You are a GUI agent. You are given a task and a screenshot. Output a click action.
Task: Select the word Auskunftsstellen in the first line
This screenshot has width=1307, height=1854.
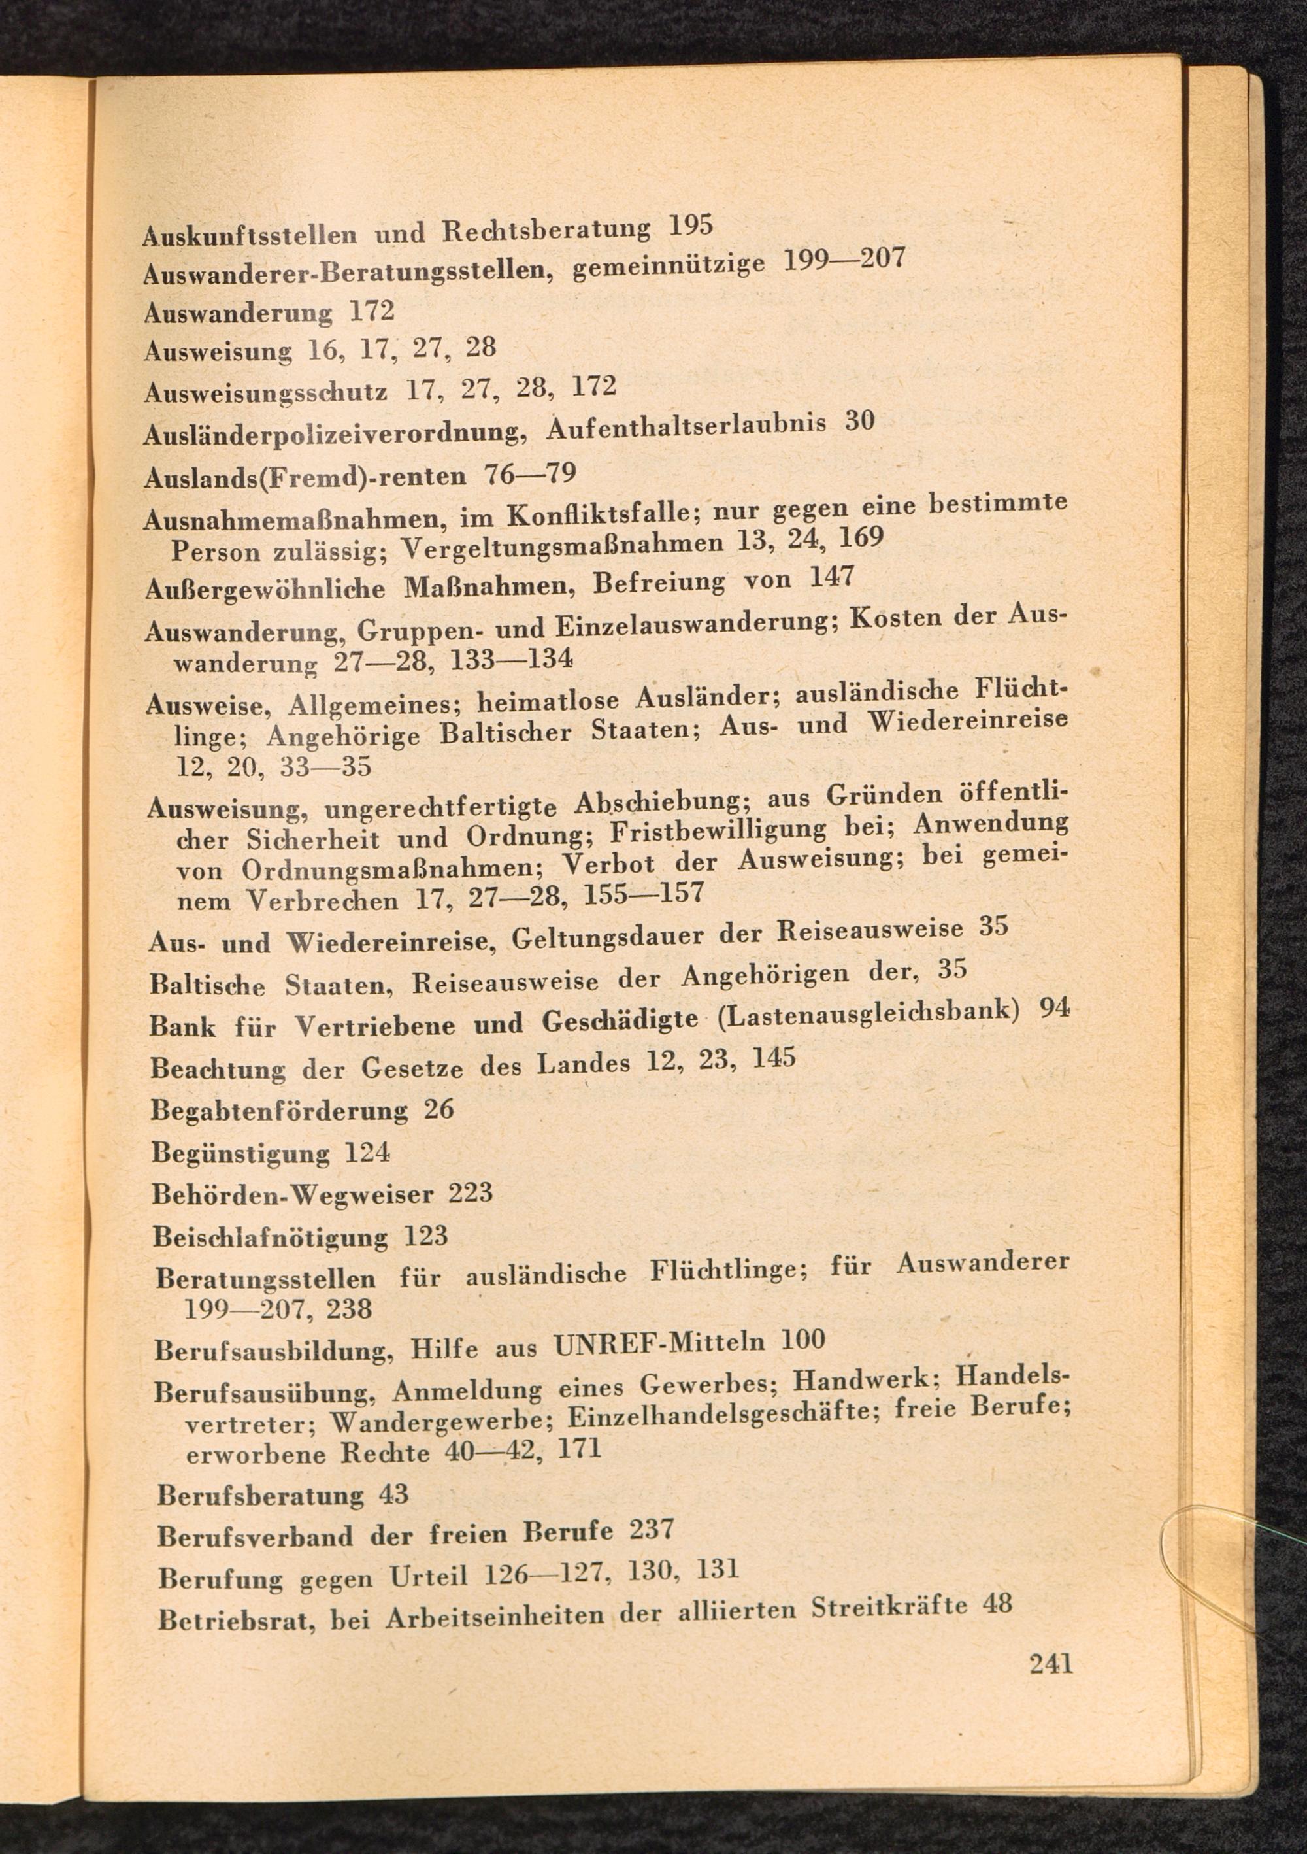pos(250,234)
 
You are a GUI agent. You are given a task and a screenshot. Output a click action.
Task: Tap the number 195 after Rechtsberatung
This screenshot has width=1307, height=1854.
pos(691,226)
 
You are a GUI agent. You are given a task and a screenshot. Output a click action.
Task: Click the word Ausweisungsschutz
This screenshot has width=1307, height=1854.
pos(265,392)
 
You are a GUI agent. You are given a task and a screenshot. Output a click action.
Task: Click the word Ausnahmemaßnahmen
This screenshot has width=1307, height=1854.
pos(291,518)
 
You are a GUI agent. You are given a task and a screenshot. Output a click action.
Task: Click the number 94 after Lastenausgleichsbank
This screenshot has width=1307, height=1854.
pos(1054,1007)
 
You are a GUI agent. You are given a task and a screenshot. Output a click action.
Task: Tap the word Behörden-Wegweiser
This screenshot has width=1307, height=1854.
pos(293,1194)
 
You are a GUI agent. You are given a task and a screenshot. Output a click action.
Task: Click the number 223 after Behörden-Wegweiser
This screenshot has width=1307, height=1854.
pos(471,1192)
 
